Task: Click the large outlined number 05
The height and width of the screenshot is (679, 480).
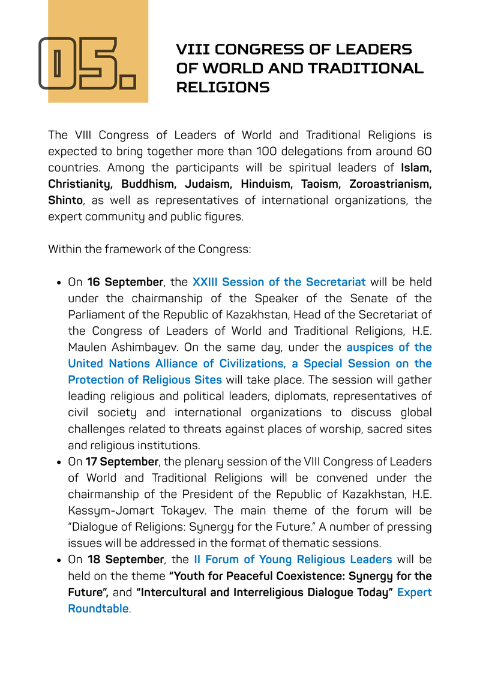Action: (x=87, y=64)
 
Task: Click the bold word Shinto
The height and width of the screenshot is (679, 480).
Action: (x=65, y=200)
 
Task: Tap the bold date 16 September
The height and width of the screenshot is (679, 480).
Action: (x=124, y=282)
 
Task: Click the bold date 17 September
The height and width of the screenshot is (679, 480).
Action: (x=122, y=462)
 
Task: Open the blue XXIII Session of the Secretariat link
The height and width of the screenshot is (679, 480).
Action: (x=279, y=282)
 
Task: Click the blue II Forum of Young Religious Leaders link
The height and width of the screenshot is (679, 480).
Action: (x=293, y=560)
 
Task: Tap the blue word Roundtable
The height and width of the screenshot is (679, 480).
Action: (x=98, y=609)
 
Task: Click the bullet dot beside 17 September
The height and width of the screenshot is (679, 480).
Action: (x=59, y=462)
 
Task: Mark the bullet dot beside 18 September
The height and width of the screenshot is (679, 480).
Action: (x=59, y=560)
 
